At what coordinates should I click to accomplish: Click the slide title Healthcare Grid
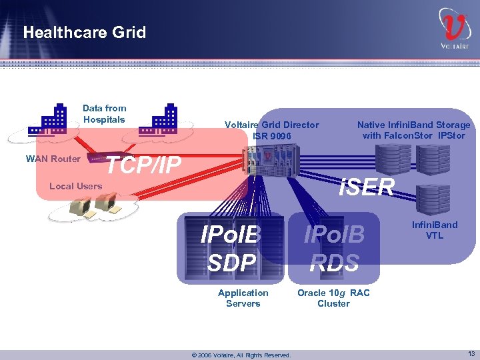[x=84, y=33]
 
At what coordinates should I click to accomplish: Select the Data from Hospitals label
[x=104, y=114]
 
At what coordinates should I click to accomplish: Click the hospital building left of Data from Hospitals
[x=54, y=119]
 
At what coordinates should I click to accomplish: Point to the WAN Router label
[x=53, y=159]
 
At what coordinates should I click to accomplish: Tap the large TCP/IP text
[x=144, y=165]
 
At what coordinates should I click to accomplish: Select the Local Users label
[x=75, y=186]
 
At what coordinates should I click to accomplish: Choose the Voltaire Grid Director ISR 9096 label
[x=271, y=130]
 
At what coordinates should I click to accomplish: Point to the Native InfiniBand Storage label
[x=413, y=130]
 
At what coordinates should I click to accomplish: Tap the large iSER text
[x=366, y=187]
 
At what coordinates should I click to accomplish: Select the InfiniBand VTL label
[x=435, y=230]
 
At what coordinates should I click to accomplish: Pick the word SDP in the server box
[x=231, y=263]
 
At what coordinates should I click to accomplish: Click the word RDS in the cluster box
[x=335, y=263]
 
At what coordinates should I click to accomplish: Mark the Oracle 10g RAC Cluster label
[x=333, y=298]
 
